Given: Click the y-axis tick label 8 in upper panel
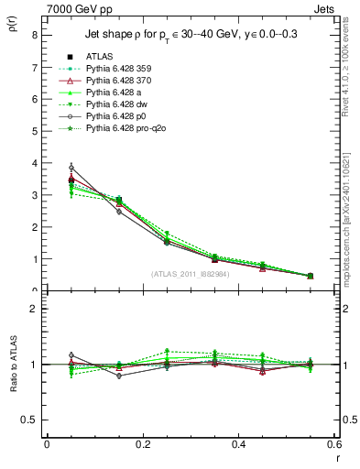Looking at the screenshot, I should coord(34,36).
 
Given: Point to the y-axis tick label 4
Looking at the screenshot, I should coord(34,163).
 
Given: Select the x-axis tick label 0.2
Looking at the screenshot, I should coord(143,444).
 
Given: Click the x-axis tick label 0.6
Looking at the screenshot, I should coord(335,444).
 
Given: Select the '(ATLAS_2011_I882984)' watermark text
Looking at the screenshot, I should coord(191,274).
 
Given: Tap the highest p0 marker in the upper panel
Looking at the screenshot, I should coord(47,168).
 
